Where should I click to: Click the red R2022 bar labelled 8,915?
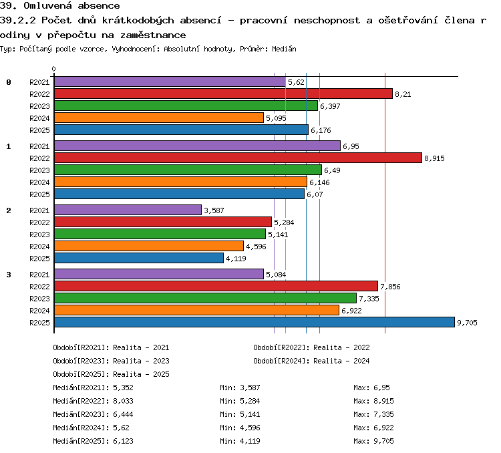point(238,158)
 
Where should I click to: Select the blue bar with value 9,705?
point(255,322)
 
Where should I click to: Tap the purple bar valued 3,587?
point(128,210)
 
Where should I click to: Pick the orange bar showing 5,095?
point(159,118)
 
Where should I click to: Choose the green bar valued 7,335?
point(205,298)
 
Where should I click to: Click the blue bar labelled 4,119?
point(139,258)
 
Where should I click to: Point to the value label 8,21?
point(403,94)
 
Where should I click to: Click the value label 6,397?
point(330,106)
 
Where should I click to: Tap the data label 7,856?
point(390,287)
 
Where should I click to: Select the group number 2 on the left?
point(9,210)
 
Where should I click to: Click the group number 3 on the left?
point(9,275)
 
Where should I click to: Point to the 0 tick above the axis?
point(53,69)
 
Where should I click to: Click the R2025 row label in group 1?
point(39,194)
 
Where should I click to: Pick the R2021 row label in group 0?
point(39,82)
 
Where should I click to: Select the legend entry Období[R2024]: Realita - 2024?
point(311,361)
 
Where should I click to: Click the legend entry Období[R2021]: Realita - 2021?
point(111,347)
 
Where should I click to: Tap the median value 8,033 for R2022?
point(123,401)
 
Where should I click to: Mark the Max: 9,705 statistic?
point(373,441)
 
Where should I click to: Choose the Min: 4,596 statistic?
point(240,428)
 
